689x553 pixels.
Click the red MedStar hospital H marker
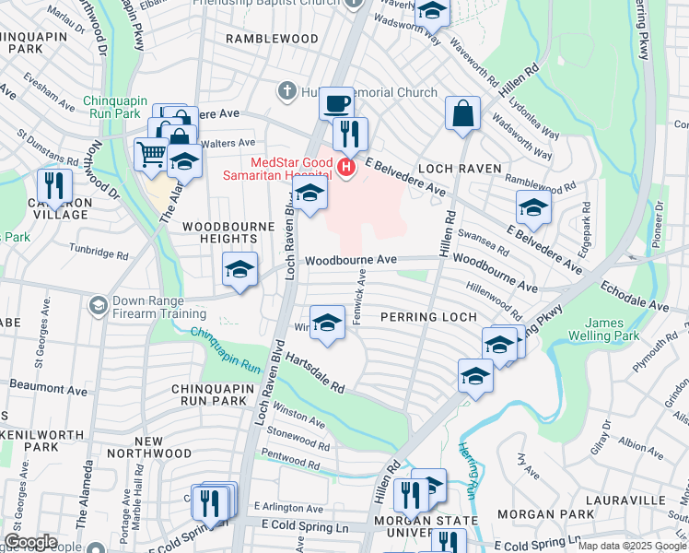tap(346, 167)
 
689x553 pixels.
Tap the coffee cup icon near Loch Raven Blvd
tap(337, 102)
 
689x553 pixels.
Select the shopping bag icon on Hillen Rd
tap(462, 112)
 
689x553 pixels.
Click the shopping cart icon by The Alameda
tap(151, 154)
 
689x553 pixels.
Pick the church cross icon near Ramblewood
tap(286, 92)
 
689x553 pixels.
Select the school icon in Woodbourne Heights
tap(239, 270)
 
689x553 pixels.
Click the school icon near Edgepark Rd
tap(532, 207)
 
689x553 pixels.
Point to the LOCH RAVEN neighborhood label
tap(460, 170)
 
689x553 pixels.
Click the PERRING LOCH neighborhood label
tap(429, 317)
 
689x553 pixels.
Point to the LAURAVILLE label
tap(634, 499)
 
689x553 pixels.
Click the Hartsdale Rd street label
tap(313, 371)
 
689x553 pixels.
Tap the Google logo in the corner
tap(30, 541)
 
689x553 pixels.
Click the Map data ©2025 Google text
tap(631, 546)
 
